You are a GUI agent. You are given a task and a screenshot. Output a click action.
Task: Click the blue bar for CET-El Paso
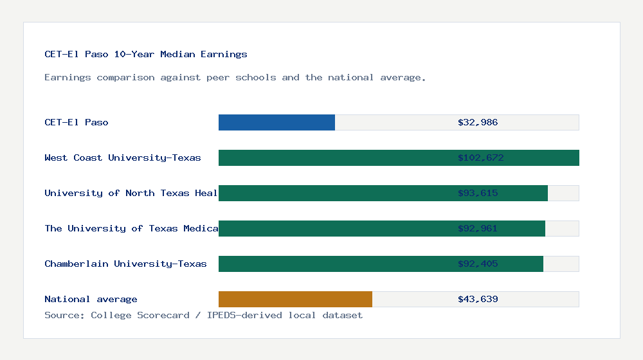[x=276, y=123]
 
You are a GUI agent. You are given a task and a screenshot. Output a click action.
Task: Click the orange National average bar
[x=295, y=300]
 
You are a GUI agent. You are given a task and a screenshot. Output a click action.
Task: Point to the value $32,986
[x=478, y=123]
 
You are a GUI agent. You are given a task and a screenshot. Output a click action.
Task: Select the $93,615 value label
[x=478, y=194]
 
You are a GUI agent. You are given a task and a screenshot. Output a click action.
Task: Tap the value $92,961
[x=478, y=229]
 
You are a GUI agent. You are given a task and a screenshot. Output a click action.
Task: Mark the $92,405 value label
[x=478, y=264]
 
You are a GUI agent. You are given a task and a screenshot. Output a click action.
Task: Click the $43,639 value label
[x=478, y=300]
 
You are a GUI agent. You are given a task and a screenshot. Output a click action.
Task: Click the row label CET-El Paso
[x=77, y=123]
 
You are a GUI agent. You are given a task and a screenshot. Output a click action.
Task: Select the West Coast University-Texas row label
[x=123, y=158]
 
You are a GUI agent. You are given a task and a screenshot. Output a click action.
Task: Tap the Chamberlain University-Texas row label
[x=125, y=264]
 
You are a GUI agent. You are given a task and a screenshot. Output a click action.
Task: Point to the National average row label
[x=91, y=300]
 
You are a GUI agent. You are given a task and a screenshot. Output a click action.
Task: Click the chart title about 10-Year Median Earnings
[x=146, y=55]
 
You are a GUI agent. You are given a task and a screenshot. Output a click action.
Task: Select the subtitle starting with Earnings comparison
[x=235, y=78]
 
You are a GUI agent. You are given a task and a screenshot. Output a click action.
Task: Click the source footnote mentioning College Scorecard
[x=203, y=316]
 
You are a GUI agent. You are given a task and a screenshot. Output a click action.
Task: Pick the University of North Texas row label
[x=131, y=194]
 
